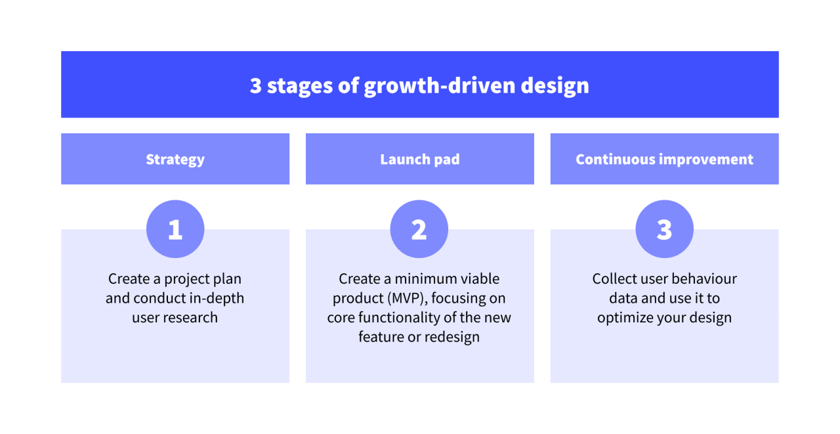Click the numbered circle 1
pos(175,229)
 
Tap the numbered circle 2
pos(419,229)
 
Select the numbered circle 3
pos(664,229)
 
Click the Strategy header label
pos(175,160)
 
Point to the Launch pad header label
pos(419,160)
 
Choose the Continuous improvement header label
pos(664,160)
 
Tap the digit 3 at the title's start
pos(255,85)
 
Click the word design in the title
pos(555,85)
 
